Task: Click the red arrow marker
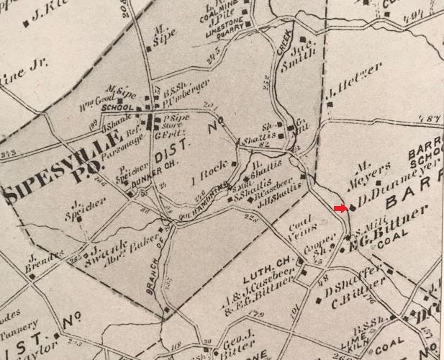(340, 209)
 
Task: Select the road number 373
(10, 153)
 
